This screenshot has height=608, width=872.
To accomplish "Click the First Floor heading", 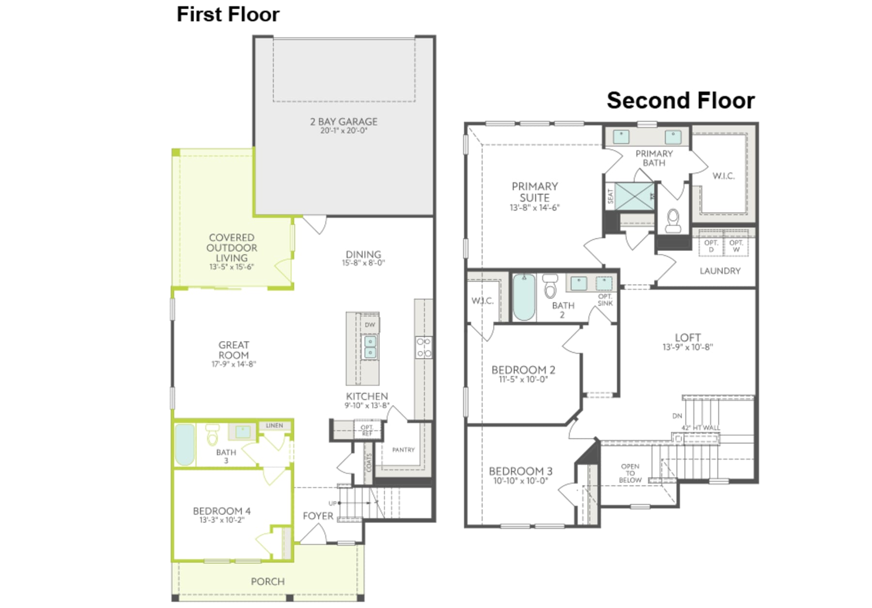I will tap(228, 15).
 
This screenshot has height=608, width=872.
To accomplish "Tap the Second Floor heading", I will tap(680, 101).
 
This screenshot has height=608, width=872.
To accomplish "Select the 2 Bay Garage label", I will tap(343, 122).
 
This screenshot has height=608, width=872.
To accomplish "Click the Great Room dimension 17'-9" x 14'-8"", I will tap(234, 364).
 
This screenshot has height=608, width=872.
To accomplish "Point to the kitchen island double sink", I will tap(370, 347).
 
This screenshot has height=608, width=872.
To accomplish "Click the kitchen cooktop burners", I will tap(423, 348).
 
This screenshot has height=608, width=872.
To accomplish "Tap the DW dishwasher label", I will tap(370, 325).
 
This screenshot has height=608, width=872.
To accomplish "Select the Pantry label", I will tap(403, 450).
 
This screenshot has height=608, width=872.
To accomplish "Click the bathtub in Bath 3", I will tap(185, 445).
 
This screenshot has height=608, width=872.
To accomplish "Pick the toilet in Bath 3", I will tap(212, 436).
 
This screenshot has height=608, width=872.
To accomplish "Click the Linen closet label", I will tap(274, 425).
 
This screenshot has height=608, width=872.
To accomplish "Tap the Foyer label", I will tap(318, 516).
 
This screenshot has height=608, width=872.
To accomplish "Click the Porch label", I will tap(267, 581).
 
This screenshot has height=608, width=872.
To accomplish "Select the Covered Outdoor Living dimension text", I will tap(232, 267).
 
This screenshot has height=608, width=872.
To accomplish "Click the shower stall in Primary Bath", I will tap(634, 196).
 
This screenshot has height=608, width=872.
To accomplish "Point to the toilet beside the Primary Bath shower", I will tap(673, 220).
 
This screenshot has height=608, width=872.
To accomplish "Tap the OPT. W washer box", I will tap(736, 246).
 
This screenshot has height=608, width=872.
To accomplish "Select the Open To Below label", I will tap(630, 473).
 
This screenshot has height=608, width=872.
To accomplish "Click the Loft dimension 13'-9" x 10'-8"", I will tap(687, 347).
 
